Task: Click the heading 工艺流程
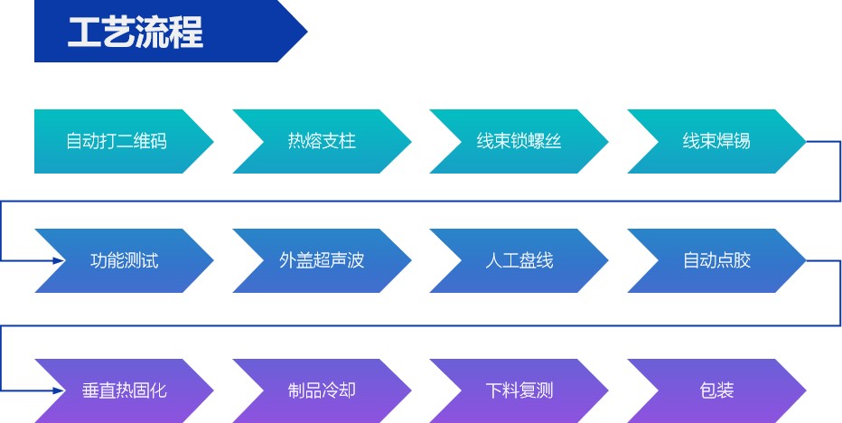136,32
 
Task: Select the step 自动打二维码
117,142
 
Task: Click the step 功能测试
124,261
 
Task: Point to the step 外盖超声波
322,261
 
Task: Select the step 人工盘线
519,261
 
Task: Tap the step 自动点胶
716,261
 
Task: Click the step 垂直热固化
124,390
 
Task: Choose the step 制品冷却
322,390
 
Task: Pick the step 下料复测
519,390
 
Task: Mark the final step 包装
716,390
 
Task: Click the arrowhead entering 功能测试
60,261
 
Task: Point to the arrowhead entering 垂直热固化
60,390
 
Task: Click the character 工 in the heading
84,32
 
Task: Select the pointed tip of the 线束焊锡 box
803,142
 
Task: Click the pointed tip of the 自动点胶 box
803,261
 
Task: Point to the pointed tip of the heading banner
305,32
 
